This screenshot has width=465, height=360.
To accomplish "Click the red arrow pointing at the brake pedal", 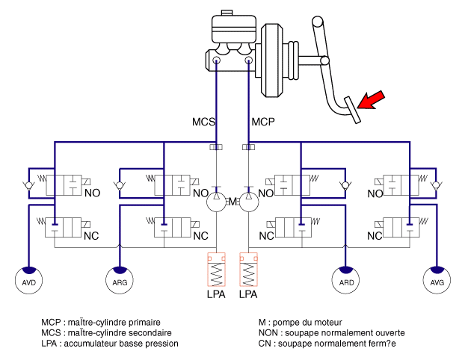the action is (x=371, y=100).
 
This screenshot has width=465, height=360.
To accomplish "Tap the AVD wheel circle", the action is (x=28, y=280).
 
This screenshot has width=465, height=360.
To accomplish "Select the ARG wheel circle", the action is (x=120, y=280).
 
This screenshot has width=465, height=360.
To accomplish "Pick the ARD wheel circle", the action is (x=345, y=280).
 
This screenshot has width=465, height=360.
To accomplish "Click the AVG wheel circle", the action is (x=437, y=280).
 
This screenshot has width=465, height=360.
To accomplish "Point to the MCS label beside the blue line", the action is (x=203, y=122).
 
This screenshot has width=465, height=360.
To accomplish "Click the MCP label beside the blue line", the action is (x=263, y=122).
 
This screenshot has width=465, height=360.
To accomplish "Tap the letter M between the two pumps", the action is (x=232, y=202).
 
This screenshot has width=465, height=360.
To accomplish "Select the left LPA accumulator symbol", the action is (x=216, y=270).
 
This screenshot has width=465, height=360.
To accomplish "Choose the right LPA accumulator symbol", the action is (x=248, y=270).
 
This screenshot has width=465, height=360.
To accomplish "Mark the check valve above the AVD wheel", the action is (x=28, y=186).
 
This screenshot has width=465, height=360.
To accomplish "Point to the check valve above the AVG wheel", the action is (x=436, y=186).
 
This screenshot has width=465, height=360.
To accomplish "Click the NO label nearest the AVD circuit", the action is (x=92, y=193).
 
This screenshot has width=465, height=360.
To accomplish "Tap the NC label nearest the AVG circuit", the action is (x=375, y=236).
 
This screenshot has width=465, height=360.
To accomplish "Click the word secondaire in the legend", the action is (x=150, y=333).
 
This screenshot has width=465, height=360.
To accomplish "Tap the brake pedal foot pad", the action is (x=352, y=110).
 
